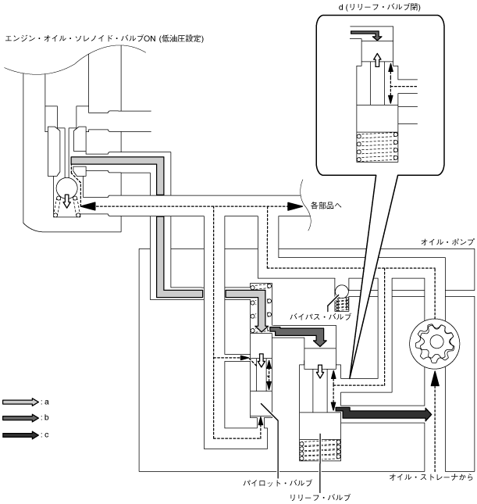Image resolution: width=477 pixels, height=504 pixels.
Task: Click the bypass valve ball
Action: point(341,292)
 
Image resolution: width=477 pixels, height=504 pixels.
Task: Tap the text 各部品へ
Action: point(326,206)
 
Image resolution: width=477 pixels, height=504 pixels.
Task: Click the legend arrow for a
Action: point(20,401)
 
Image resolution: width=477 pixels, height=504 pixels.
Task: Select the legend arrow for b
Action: point(20,417)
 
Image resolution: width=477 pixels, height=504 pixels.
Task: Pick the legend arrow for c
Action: point(20,434)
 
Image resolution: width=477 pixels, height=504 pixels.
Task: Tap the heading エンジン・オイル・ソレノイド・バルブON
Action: point(105,38)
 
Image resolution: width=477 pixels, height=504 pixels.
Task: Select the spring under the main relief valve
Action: point(320,452)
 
